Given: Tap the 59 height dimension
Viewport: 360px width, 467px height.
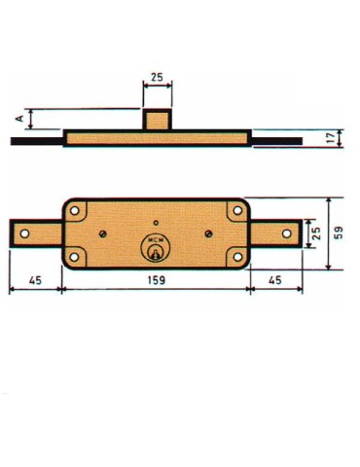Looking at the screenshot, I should pos(338,233).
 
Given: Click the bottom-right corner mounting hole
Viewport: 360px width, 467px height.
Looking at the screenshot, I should pos(236,257).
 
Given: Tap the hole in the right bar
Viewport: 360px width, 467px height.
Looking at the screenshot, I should pos(285,233).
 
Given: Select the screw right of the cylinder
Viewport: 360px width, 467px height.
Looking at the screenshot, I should pos(209,233).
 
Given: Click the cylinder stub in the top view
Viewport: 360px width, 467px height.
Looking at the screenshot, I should pos(157,121).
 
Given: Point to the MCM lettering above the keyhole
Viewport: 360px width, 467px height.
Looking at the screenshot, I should pos(155,239).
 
